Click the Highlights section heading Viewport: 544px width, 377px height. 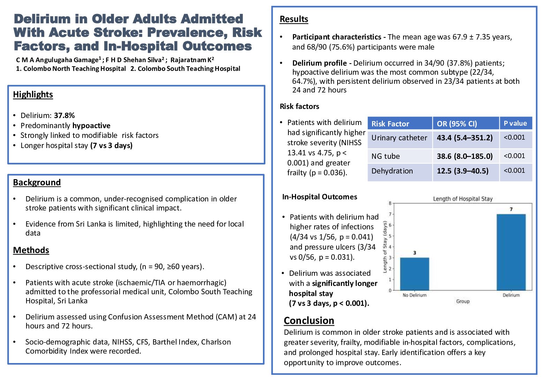(x=33, y=95)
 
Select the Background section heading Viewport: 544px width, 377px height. (x=37, y=183)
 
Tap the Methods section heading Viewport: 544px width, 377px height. (x=31, y=250)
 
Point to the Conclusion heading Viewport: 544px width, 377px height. (x=309, y=320)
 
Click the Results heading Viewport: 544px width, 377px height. (x=294, y=19)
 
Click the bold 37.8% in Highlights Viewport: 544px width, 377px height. (x=64, y=116)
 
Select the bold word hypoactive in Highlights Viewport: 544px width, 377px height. (x=91, y=126)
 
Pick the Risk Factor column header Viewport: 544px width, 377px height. (x=390, y=124)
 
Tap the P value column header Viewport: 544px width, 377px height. (x=515, y=123)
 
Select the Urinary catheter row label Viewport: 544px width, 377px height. (x=399, y=138)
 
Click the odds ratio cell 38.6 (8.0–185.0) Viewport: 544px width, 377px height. (x=464, y=156)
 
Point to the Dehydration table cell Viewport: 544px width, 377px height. (x=392, y=171)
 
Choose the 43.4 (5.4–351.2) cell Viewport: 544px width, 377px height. (x=464, y=138)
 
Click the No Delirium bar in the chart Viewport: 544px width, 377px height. (x=414, y=274)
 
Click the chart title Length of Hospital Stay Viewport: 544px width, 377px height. (x=462, y=199)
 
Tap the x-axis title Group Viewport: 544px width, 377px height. (x=462, y=301)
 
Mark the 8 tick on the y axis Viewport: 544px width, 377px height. (x=390, y=203)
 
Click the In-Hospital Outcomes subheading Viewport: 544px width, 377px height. (x=319, y=197)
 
